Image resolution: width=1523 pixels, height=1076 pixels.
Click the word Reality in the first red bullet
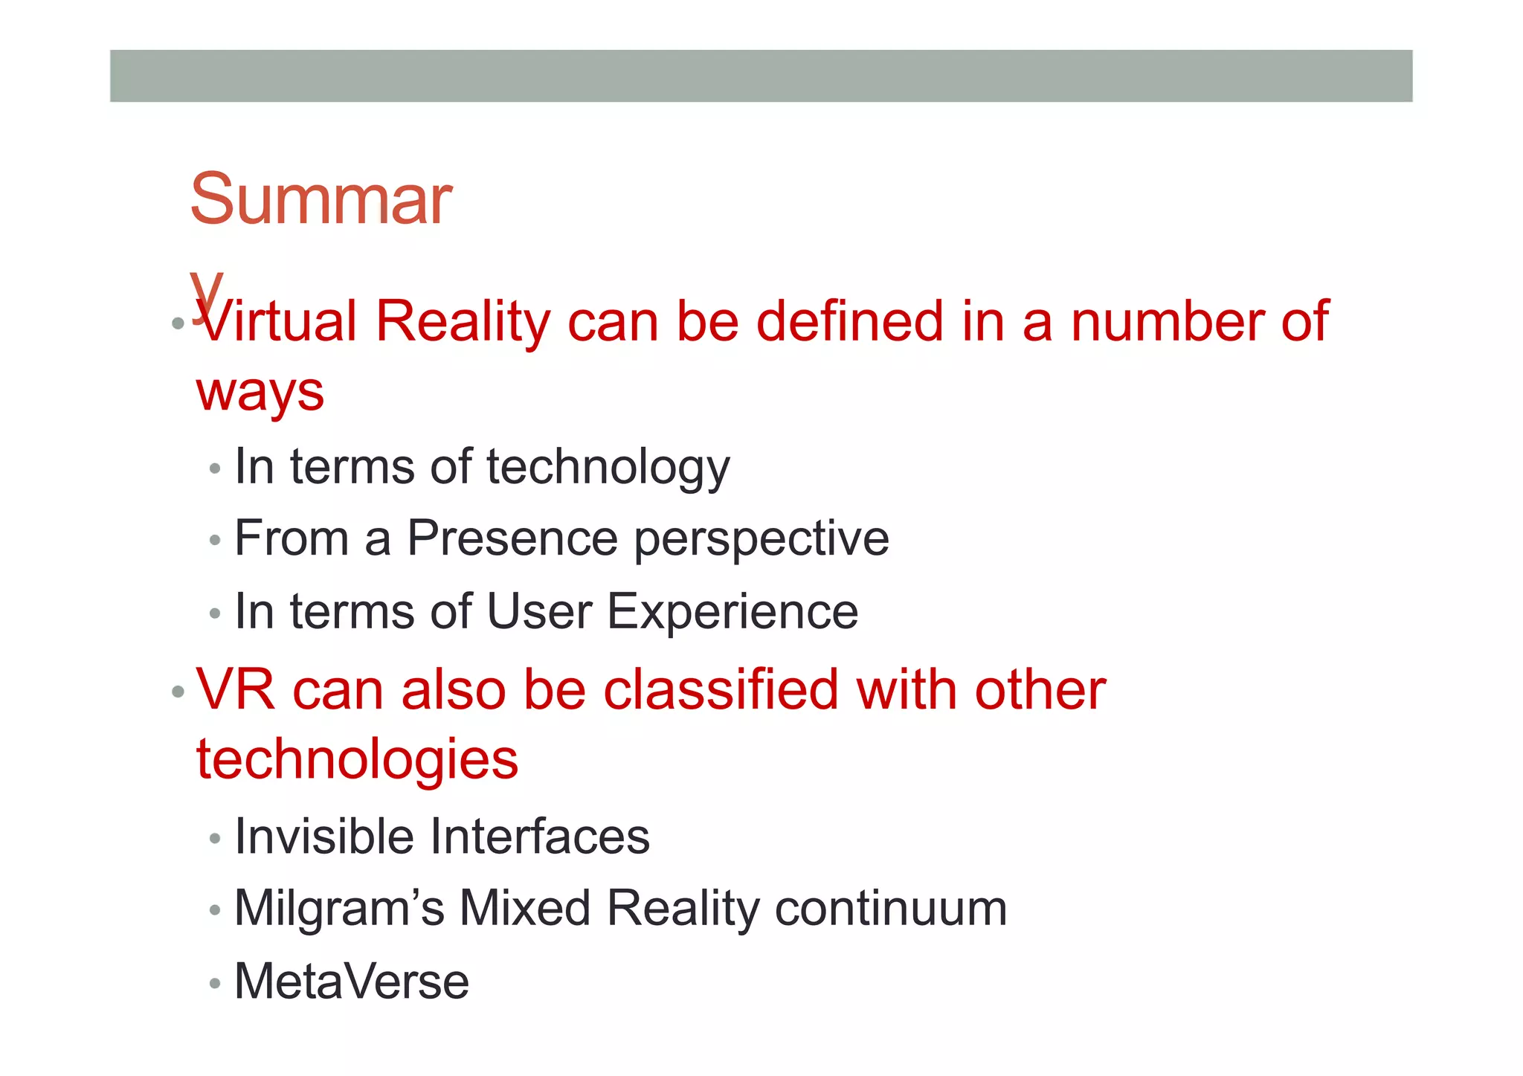pyautogui.click(x=463, y=322)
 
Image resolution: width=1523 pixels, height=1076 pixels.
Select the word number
pyautogui.click(x=1166, y=322)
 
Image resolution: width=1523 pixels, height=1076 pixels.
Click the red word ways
pyautogui.click(x=260, y=393)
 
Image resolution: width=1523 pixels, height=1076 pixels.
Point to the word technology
pyautogui.click(x=608, y=468)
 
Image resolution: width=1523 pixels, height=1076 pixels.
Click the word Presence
pyautogui.click(x=512, y=538)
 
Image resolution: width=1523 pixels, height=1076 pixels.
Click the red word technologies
pyautogui.click(x=357, y=760)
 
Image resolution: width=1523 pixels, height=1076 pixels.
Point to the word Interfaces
pyautogui.click(x=540, y=837)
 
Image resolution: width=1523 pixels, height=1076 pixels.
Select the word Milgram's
pyautogui.click(x=339, y=909)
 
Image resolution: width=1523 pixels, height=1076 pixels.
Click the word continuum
pyautogui.click(x=891, y=909)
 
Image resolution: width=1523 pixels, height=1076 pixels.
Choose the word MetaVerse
pyautogui.click(x=352, y=982)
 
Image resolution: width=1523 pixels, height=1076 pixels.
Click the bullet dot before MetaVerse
pyautogui.click(x=215, y=984)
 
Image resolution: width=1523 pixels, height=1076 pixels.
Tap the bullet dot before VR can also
pyautogui.click(x=178, y=692)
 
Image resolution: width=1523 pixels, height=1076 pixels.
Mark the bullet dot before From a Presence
pyautogui.click(x=215, y=541)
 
